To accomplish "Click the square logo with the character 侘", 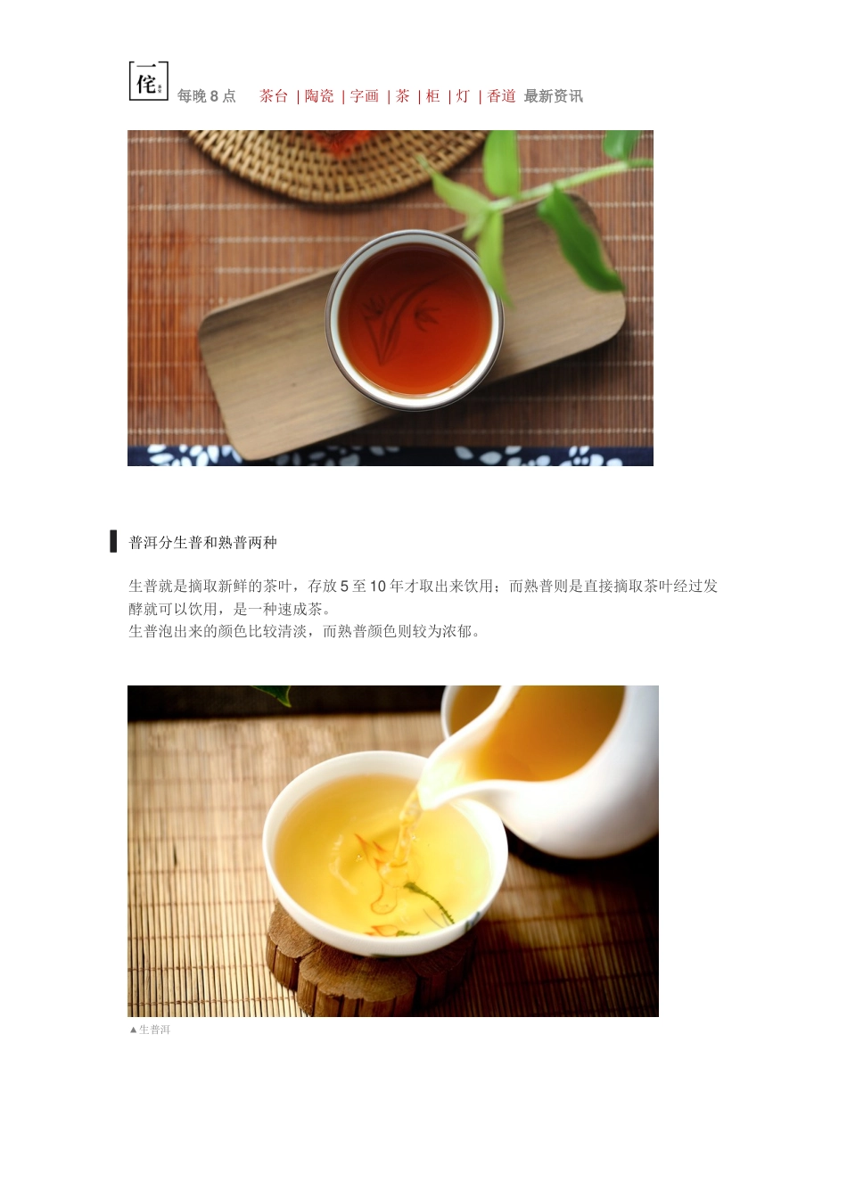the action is [149, 81].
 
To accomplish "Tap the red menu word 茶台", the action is [274, 96].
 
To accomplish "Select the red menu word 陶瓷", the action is [319, 96].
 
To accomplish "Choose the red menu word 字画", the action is [365, 96].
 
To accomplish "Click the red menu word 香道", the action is [501, 96].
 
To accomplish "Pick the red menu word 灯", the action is [463, 96].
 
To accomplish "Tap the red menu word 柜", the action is [433, 96].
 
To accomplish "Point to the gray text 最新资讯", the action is [554, 96].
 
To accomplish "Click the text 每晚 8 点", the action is [207, 96].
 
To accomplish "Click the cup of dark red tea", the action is [415, 319].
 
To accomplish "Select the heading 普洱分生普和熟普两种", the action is [202, 543].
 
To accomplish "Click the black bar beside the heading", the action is [113, 541].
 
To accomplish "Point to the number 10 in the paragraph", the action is [378, 587].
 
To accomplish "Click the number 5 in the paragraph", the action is [344, 587].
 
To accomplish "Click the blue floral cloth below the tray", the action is [390, 456].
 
